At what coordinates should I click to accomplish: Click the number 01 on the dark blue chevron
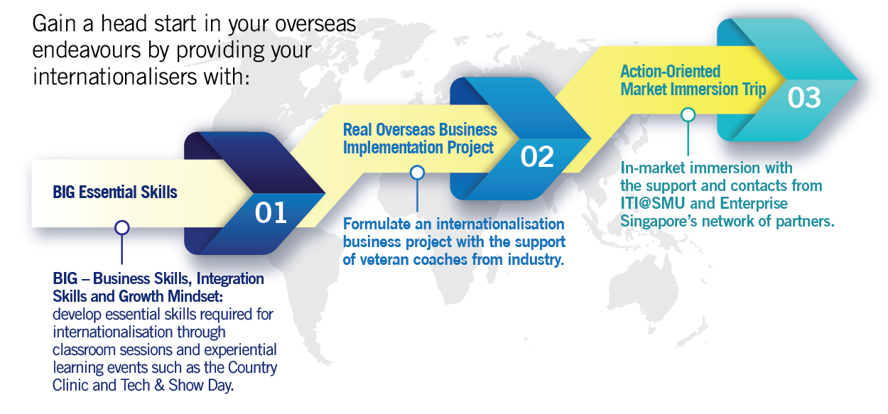[x=271, y=213]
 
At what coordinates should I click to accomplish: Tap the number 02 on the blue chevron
[x=537, y=156]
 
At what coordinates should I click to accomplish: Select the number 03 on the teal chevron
[x=803, y=97]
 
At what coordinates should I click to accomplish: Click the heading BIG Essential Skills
[x=115, y=192]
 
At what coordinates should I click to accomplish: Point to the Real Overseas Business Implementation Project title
[x=420, y=138]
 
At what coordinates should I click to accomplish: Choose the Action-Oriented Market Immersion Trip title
[x=693, y=80]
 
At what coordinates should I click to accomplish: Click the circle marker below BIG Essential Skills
[x=121, y=228]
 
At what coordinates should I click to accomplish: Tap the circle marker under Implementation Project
[x=417, y=173]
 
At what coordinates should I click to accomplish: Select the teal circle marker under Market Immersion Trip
[x=688, y=115]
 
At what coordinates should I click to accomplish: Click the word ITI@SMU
[x=653, y=203]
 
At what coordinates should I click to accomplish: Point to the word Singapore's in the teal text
[x=659, y=222]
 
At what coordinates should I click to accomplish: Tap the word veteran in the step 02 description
[x=384, y=260]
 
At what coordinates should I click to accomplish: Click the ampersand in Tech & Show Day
[x=159, y=386]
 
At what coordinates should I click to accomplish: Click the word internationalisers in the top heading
[x=114, y=77]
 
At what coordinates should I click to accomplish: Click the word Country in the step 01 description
[x=252, y=368]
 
